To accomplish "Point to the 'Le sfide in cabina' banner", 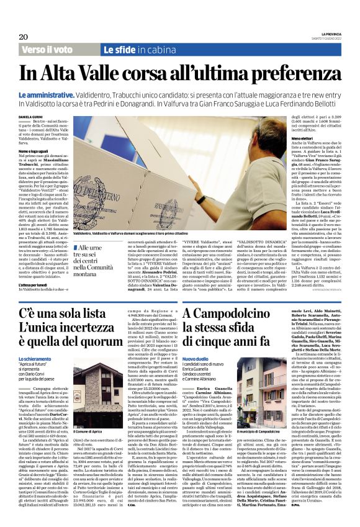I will point(139,49).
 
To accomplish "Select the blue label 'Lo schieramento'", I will point(35,359).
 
